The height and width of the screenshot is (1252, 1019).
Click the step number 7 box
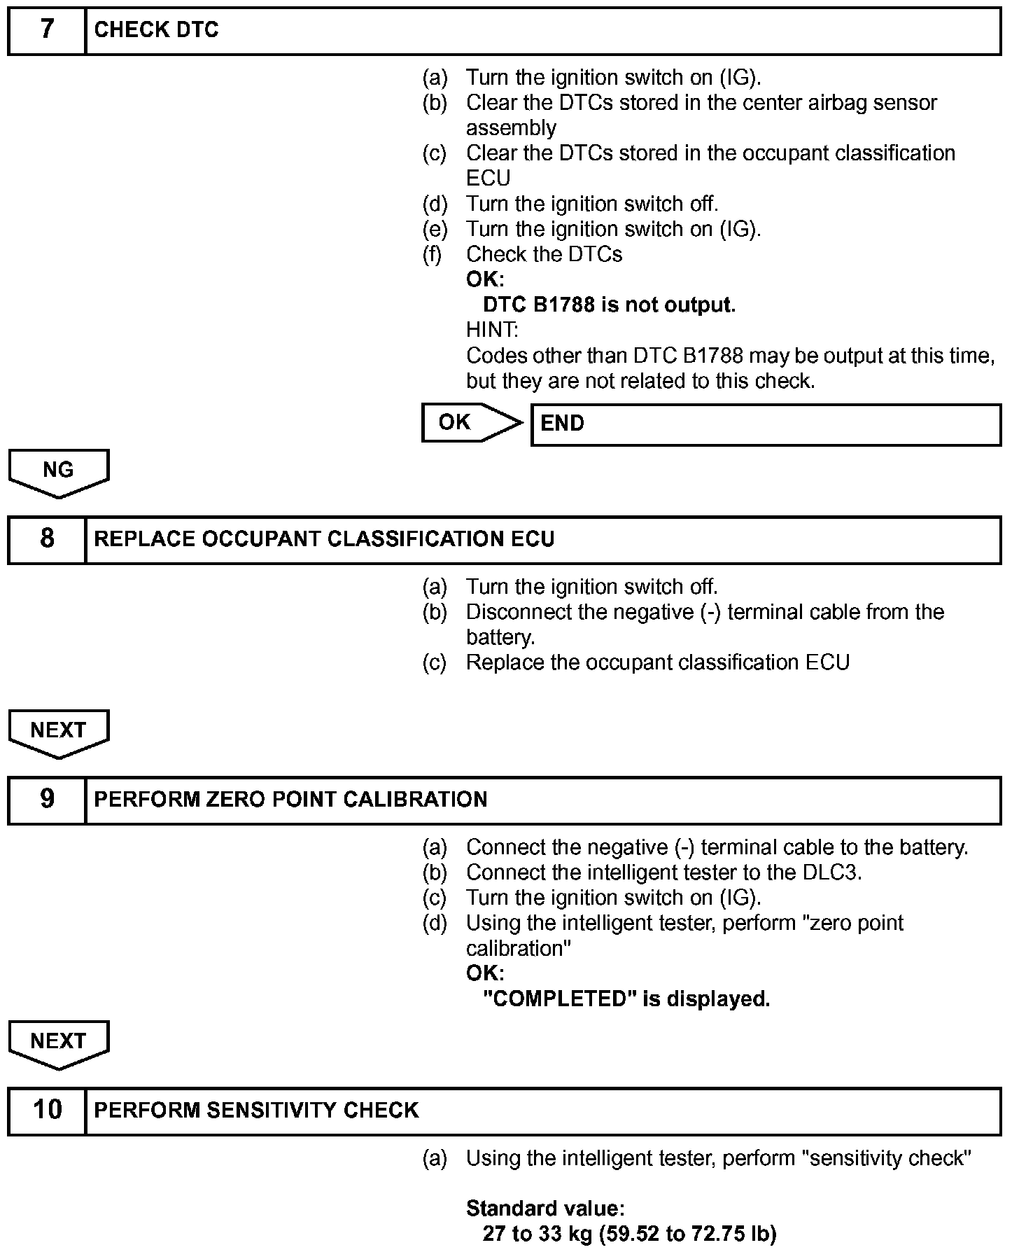click(47, 30)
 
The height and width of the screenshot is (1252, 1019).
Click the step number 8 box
click(47, 539)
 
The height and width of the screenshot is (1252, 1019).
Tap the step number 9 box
click(47, 800)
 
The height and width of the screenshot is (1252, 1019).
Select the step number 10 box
click(47, 1111)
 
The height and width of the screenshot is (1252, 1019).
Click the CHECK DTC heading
click(156, 30)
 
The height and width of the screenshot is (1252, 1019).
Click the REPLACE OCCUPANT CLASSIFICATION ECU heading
click(324, 539)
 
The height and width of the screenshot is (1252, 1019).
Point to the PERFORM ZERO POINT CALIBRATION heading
click(290, 800)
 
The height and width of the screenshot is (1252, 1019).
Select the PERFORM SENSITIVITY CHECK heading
click(256, 1111)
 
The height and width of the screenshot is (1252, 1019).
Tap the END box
click(766, 424)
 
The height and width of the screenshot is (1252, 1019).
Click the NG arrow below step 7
click(58, 472)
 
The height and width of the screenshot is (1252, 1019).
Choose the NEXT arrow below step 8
click(58, 732)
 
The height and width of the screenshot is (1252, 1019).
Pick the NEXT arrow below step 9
click(58, 1043)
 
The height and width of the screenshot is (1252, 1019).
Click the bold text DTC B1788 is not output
click(609, 305)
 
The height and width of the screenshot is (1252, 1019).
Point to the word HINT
click(492, 330)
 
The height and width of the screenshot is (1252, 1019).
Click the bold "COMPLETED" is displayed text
click(626, 999)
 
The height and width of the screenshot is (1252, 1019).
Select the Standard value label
click(545, 1209)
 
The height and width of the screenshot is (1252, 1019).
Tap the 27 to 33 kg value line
click(629, 1234)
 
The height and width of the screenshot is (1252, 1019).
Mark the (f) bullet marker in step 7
click(433, 254)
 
